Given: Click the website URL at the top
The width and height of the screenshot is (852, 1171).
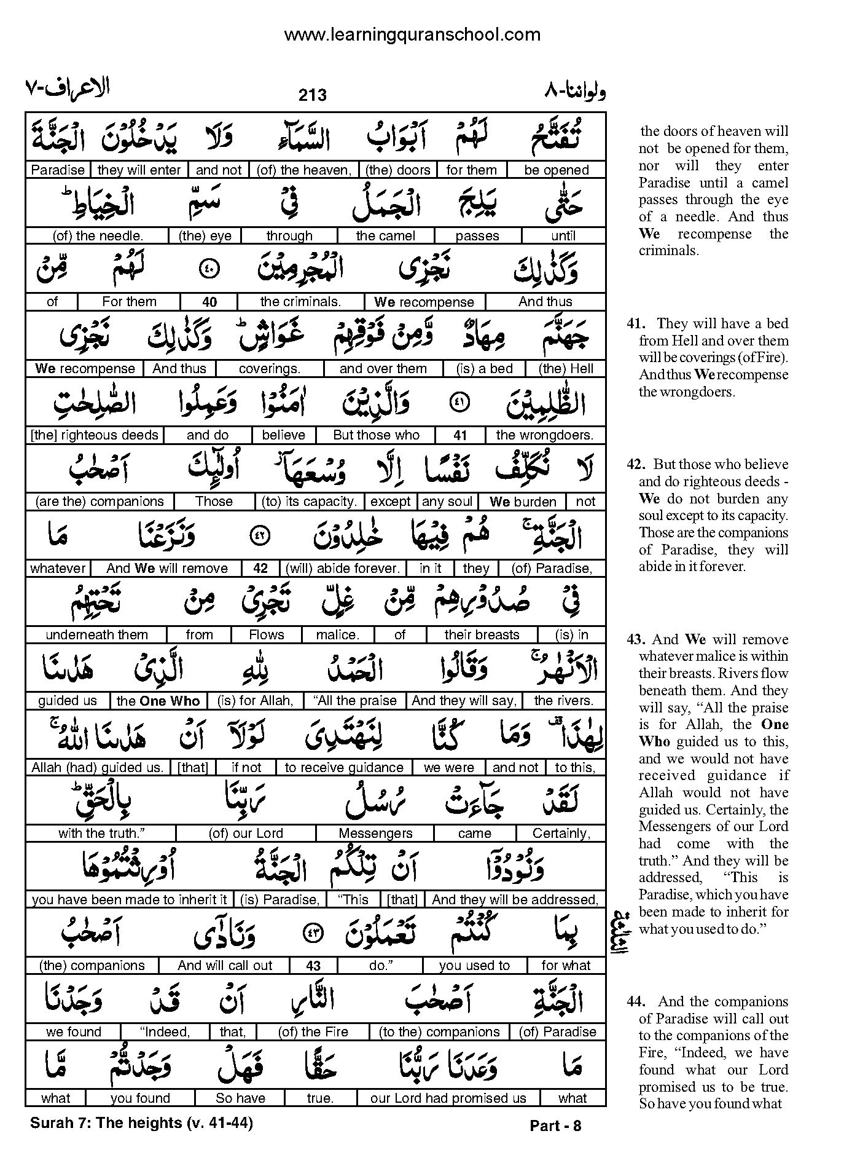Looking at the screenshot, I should pyautogui.click(x=412, y=34).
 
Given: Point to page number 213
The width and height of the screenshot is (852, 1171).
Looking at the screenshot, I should pyautogui.click(x=313, y=95).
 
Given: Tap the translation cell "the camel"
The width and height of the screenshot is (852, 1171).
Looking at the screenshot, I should pyautogui.click(x=385, y=235).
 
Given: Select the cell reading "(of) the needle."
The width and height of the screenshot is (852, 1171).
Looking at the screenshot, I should pyautogui.click(x=98, y=235).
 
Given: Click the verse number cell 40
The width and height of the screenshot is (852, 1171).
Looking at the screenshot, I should pyautogui.click(x=209, y=302).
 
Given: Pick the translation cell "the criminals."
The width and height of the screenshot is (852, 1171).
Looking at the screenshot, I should pyautogui.click(x=300, y=302).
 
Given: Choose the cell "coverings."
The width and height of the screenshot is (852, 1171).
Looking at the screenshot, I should pyautogui.click(x=269, y=368).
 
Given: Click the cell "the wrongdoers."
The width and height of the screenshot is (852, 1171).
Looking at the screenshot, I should pyautogui.click(x=545, y=435).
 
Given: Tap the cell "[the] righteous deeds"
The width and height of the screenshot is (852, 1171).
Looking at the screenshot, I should pyautogui.click(x=95, y=435).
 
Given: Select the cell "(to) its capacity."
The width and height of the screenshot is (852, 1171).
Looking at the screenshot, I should pyautogui.click(x=309, y=502).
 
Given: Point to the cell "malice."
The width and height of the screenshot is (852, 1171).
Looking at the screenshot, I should pyautogui.click(x=337, y=634).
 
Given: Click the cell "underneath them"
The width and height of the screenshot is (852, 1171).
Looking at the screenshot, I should pyautogui.click(x=96, y=634).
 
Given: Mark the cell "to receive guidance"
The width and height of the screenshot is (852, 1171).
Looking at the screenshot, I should pyautogui.click(x=344, y=767).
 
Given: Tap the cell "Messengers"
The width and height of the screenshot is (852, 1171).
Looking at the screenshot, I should pyautogui.click(x=375, y=834).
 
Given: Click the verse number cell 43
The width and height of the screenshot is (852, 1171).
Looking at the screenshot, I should pyautogui.click(x=313, y=966).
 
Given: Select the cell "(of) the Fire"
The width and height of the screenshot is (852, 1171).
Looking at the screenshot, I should pyautogui.click(x=313, y=1032).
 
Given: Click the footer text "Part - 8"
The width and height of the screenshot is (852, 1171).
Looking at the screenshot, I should pyautogui.click(x=555, y=1126).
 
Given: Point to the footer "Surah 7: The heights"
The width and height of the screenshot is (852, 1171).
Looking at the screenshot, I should pyautogui.click(x=106, y=1123).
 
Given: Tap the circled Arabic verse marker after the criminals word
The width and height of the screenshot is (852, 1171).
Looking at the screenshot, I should pyautogui.click(x=209, y=269).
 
